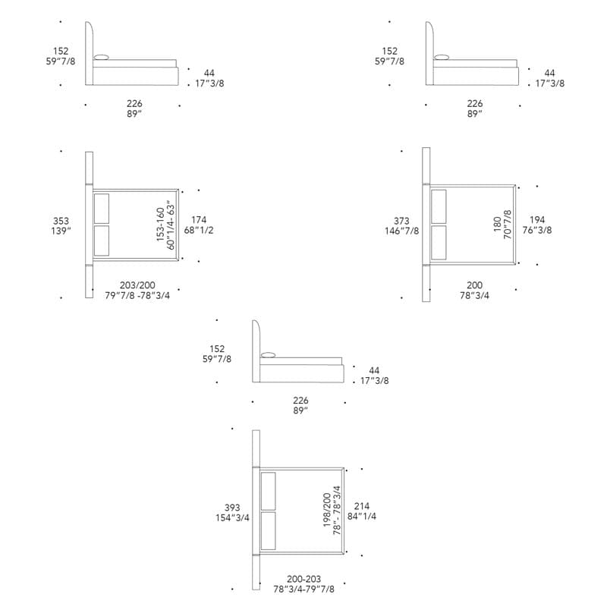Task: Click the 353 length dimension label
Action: pyautogui.click(x=61, y=221)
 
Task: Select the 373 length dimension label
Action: pyautogui.click(x=401, y=221)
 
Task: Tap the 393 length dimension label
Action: pyautogui.click(x=232, y=508)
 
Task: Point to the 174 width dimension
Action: pyautogui.click(x=199, y=220)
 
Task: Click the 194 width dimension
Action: pyautogui.click(x=537, y=220)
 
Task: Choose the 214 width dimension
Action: pyautogui.click(x=362, y=506)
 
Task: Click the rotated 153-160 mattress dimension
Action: pyautogui.click(x=161, y=225)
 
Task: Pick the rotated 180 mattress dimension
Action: pyautogui.click(x=498, y=225)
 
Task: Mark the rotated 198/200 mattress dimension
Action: pyautogui.click(x=327, y=510)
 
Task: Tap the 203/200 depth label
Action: pyautogui.click(x=137, y=285)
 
